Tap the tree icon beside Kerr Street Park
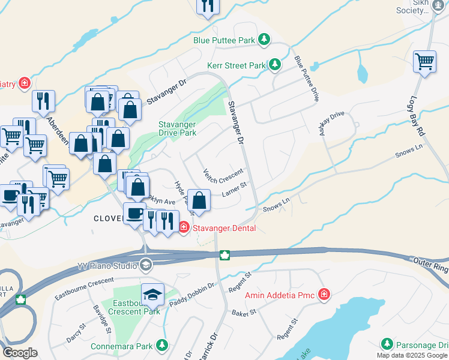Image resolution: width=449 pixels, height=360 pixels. click(275, 64)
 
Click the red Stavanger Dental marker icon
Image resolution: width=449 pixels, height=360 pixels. click(184, 228)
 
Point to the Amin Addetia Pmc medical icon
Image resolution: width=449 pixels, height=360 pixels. click(324, 295)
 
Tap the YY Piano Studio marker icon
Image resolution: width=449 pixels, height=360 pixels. click(146, 265)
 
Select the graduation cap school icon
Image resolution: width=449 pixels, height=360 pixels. click(152, 294)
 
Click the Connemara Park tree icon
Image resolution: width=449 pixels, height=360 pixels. click(161, 346)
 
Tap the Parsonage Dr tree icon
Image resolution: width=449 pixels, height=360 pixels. click(387, 344)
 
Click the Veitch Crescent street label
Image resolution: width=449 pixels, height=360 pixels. click(222, 177)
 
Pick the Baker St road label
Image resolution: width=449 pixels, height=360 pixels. click(244, 313)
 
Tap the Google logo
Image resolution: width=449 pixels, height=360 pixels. click(20, 353)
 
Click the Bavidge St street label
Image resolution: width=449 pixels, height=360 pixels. click(103, 319)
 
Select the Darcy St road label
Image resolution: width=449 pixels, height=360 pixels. click(73, 331)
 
